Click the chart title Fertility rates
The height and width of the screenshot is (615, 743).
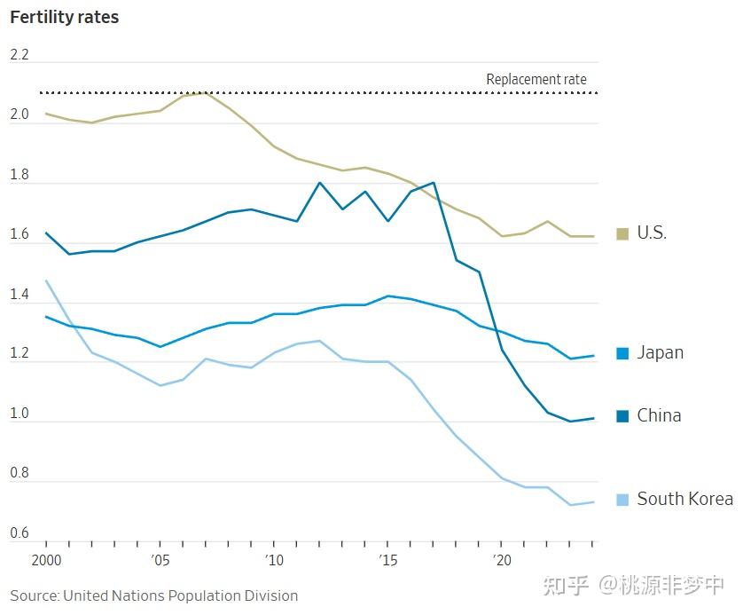click(x=64, y=17)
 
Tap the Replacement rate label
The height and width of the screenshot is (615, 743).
click(x=536, y=79)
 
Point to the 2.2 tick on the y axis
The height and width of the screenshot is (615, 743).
click(x=20, y=55)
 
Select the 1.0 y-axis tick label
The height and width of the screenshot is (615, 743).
click(x=20, y=414)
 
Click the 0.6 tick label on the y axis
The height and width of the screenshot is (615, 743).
click(x=20, y=533)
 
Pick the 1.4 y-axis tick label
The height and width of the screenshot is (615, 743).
click(x=20, y=295)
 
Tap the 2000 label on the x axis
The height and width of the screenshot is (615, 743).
click(x=46, y=561)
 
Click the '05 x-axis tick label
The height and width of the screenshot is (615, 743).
click(x=160, y=561)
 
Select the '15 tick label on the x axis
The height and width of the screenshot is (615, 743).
click(x=388, y=561)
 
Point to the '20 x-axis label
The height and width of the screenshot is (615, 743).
click(x=503, y=561)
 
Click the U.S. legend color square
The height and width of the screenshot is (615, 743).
click(x=622, y=233)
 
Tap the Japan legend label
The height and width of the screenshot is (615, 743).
click(x=660, y=352)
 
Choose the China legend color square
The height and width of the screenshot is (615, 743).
click(x=622, y=415)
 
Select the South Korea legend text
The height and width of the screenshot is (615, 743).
click(x=684, y=499)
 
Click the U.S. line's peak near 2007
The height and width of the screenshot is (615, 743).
click(x=205, y=92)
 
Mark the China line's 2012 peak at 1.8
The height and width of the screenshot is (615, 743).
click(x=319, y=183)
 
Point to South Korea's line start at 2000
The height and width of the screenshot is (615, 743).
click(x=46, y=281)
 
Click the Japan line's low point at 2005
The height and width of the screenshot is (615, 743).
click(x=160, y=347)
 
